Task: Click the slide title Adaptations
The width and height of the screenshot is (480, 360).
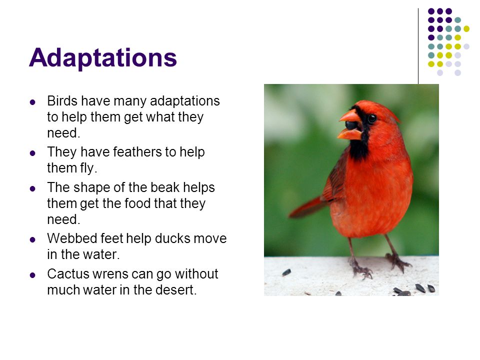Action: pos(103,57)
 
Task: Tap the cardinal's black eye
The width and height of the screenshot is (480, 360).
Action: pos(372,118)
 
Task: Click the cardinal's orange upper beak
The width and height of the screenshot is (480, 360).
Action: pos(350,116)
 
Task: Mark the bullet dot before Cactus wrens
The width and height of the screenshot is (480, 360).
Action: pos(32,275)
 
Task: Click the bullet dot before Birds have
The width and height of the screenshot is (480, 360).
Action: pos(32,102)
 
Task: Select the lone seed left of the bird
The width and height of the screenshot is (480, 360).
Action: pos(286,272)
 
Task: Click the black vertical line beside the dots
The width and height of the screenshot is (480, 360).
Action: pos(418,46)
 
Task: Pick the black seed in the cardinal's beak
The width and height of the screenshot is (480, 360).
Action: pos(351,125)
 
